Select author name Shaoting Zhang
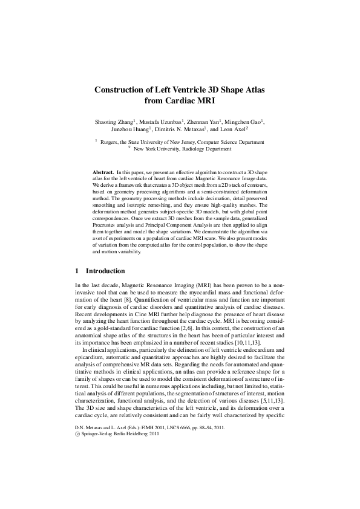pyautogui.click(x=115, y=122)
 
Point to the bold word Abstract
pyautogui.click(x=104, y=173)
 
